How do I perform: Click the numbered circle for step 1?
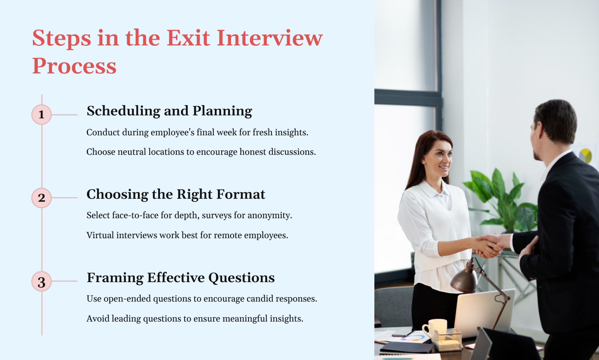[42, 115]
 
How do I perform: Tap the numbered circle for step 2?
[42, 198]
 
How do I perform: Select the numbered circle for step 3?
[42, 282]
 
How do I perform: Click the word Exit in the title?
[188, 38]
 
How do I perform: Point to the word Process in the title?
[74, 66]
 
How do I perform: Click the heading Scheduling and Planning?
[169, 111]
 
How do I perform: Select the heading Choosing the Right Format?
[176, 194]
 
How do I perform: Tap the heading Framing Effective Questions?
[180, 278]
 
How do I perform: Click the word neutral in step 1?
[132, 152]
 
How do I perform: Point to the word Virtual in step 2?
[100, 235]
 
